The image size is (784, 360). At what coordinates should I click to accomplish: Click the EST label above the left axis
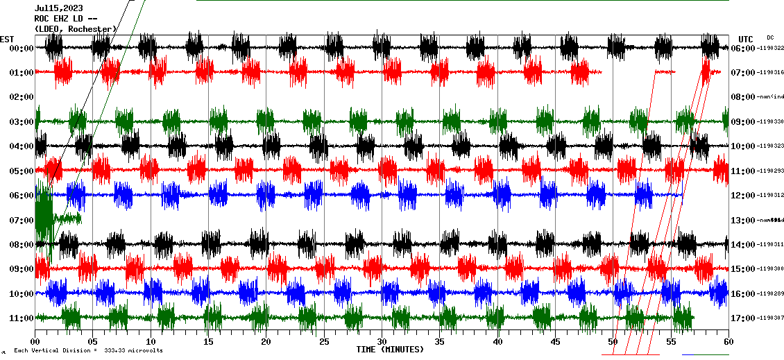click(7, 39)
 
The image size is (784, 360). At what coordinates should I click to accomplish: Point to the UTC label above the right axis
click(746, 39)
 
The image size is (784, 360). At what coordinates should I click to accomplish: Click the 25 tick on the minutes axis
click(323, 342)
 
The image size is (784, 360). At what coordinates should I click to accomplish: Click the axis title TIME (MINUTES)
click(390, 350)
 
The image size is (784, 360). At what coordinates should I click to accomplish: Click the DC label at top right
click(770, 37)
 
